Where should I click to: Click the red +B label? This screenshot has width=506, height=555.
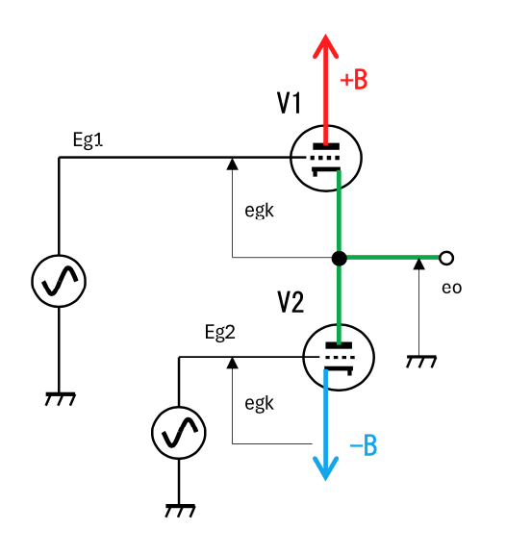coord(353,80)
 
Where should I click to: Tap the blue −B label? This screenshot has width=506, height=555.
coord(364,445)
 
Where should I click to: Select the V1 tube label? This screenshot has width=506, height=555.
coord(289,103)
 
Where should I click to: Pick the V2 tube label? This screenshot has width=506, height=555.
coord(291,302)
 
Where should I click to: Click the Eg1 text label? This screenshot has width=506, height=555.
coord(88,140)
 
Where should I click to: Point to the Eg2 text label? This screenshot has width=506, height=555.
coord(220,333)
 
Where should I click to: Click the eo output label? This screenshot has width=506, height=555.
coord(451,288)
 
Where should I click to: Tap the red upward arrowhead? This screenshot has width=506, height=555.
coord(326,46)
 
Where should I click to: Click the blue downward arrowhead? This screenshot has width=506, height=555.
coord(326,468)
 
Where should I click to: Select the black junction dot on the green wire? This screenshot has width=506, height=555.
coord(340,258)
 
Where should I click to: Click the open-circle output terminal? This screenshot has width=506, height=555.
coord(446,258)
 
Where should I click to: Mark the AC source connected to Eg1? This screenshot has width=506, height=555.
coord(59,281)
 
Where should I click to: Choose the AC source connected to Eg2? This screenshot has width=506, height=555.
coord(179,433)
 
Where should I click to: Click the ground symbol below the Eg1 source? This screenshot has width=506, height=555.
coord(61,399)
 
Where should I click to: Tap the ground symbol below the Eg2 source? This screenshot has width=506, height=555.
coord(180,511)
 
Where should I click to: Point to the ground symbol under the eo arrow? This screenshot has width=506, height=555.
coord(421,362)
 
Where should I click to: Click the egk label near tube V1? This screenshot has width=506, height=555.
coord(259,212)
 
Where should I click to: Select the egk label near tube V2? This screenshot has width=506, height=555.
coord(259,404)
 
